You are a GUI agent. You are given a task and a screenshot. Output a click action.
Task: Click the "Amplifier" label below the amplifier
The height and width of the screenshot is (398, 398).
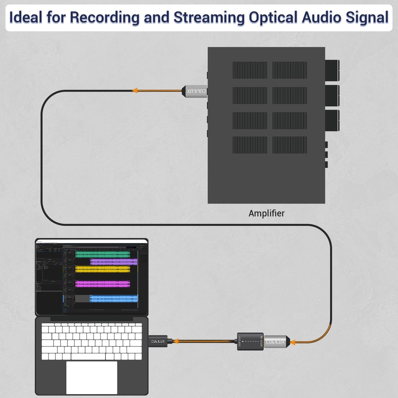pyautogui.click(x=266, y=213)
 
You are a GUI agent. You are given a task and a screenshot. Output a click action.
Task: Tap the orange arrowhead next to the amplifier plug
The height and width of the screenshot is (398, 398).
pyautogui.click(x=135, y=91)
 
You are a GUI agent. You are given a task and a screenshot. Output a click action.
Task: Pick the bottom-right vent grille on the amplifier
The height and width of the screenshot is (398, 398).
pyautogui.click(x=289, y=145)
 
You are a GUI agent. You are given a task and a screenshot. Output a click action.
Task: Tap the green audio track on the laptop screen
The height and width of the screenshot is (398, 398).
pyautogui.click(x=103, y=254)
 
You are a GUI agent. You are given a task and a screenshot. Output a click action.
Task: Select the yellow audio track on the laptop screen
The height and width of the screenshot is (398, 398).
pyautogui.click(x=103, y=269)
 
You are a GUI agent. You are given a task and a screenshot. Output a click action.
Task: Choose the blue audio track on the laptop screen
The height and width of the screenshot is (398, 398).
pyautogui.click(x=113, y=298)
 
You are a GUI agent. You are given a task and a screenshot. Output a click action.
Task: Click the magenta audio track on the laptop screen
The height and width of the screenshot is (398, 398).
pyautogui.click(x=103, y=284)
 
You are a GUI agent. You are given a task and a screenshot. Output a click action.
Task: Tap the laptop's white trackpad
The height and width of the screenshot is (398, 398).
pyautogui.click(x=92, y=378)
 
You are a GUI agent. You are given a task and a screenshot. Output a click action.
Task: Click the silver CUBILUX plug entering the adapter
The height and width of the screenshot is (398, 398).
pyautogui.click(x=275, y=341)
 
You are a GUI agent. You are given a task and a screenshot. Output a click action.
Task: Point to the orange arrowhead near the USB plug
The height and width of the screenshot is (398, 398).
pyautogui.click(x=176, y=341)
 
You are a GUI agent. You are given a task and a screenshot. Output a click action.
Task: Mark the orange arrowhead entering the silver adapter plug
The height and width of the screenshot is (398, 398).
pyautogui.click(x=293, y=341)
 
